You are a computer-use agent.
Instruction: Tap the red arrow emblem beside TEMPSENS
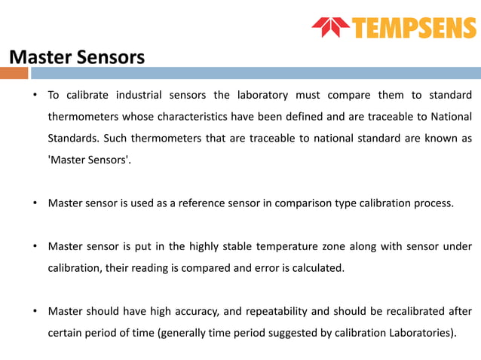coord(331,28)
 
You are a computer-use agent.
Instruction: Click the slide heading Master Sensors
coord(76,56)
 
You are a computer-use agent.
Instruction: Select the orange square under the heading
coord(14,73)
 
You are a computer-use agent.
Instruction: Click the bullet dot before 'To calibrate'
coord(34,96)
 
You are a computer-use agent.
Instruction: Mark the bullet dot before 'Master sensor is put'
coord(34,246)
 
